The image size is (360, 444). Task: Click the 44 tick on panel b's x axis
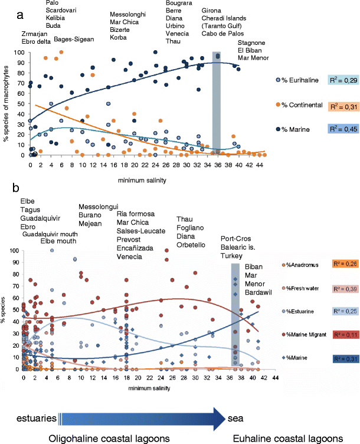tap(275, 393)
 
